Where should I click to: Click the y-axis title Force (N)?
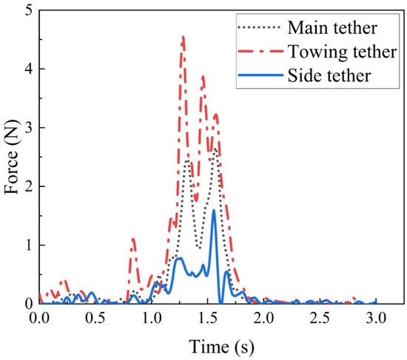point(12,157)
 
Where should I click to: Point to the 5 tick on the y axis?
point(27,11)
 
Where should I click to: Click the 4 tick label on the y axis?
point(27,69)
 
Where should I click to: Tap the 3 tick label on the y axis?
point(27,128)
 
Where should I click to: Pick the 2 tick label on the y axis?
point(27,186)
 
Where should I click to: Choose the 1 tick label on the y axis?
point(27,245)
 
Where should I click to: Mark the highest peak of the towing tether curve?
point(183,36)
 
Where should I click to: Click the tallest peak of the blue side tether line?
point(214,211)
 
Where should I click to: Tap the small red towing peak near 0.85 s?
point(133,239)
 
